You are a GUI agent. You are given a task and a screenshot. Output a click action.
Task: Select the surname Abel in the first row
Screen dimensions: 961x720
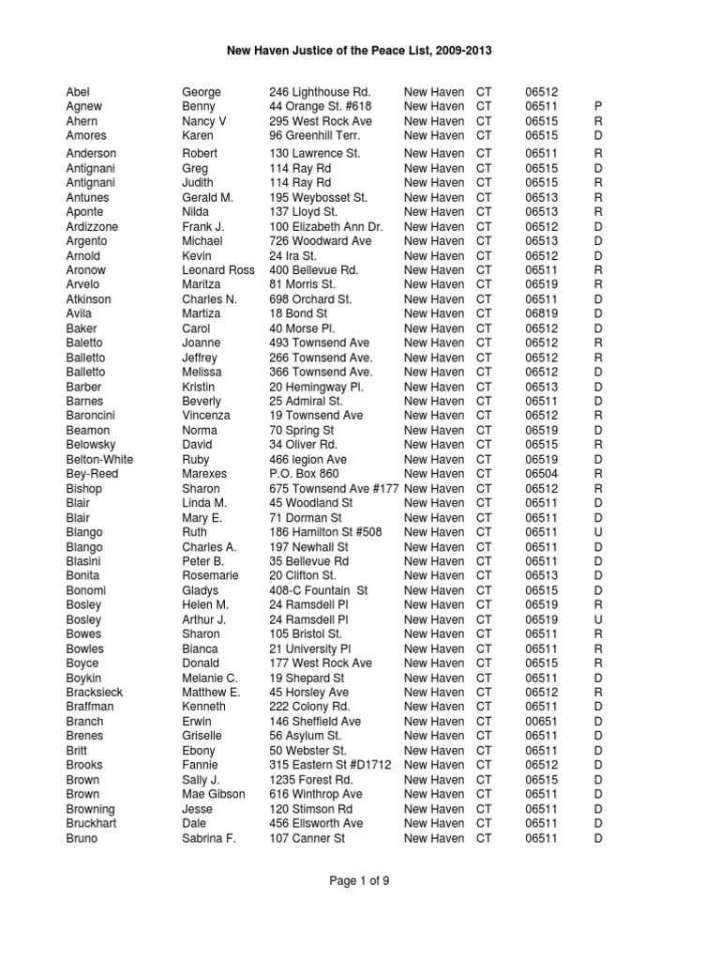[79, 92]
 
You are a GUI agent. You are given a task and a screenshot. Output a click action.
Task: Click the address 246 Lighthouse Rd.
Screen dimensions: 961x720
[320, 92]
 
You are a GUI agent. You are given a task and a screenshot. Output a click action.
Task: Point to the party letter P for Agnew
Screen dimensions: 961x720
[597, 107]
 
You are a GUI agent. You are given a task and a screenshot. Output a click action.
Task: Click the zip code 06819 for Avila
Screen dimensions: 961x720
[542, 313]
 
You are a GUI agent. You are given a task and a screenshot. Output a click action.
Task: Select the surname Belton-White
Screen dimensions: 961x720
[99, 460]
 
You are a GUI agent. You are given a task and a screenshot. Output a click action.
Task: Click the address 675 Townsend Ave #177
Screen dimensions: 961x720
[334, 489]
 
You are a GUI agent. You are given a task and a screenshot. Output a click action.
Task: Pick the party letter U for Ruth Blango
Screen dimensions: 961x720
[597, 532]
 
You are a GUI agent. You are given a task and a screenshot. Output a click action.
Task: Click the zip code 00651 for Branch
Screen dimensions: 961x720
[542, 721]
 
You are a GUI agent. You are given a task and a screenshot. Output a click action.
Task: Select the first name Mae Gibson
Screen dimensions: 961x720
[214, 794]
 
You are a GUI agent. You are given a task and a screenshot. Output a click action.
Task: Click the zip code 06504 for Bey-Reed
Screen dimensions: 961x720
[542, 474]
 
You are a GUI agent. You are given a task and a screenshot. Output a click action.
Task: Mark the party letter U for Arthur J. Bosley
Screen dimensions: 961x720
[597, 619]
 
